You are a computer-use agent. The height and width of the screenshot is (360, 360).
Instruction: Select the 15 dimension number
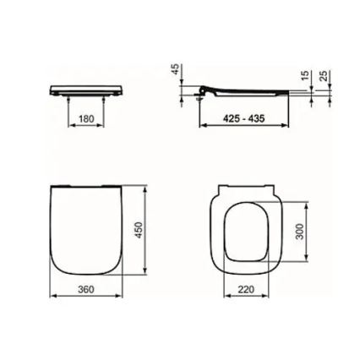(304, 78)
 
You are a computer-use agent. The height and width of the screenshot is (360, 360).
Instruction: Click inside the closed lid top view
(85, 228)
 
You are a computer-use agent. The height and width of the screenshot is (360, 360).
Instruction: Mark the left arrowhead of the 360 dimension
(52, 297)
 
